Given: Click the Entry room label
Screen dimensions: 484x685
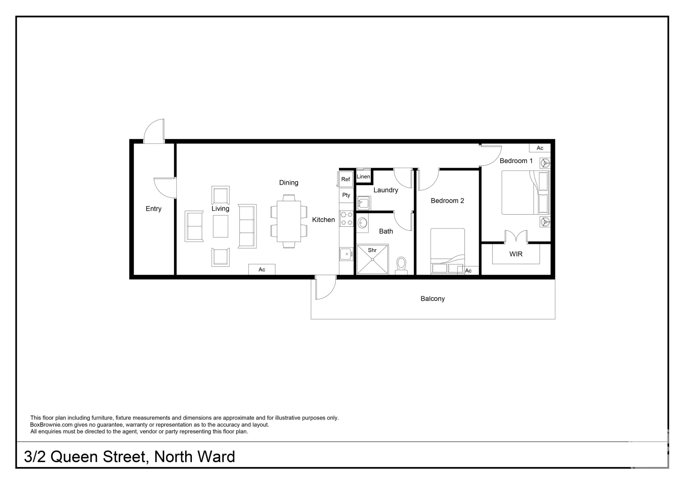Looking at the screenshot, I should click(153, 209).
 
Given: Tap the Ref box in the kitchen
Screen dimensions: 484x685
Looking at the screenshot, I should click(346, 179).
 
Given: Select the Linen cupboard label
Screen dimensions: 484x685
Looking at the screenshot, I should click(364, 177).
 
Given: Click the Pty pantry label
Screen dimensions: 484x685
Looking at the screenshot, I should click(346, 195).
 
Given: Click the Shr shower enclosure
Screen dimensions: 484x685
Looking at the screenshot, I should click(373, 259).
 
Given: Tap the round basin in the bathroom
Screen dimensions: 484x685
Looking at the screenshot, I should click(362, 223).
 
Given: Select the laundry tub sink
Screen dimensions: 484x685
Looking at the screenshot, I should click(364, 203).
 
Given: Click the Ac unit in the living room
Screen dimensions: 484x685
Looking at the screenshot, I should click(262, 269).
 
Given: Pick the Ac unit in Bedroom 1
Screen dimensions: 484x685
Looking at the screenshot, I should click(540, 148).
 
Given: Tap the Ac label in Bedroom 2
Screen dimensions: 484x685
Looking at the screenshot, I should click(468, 271).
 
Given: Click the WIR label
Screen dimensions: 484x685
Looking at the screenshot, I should click(516, 254).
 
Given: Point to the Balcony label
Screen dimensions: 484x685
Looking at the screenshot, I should click(433, 299).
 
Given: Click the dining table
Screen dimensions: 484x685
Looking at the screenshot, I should click(289, 221).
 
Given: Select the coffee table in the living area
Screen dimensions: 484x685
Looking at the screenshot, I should click(220, 226).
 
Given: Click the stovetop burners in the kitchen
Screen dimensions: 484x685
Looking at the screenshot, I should click(347, 219).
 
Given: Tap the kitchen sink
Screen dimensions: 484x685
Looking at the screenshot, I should click(346, 254).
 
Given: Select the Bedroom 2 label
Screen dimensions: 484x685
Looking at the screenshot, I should click(447, 201).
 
